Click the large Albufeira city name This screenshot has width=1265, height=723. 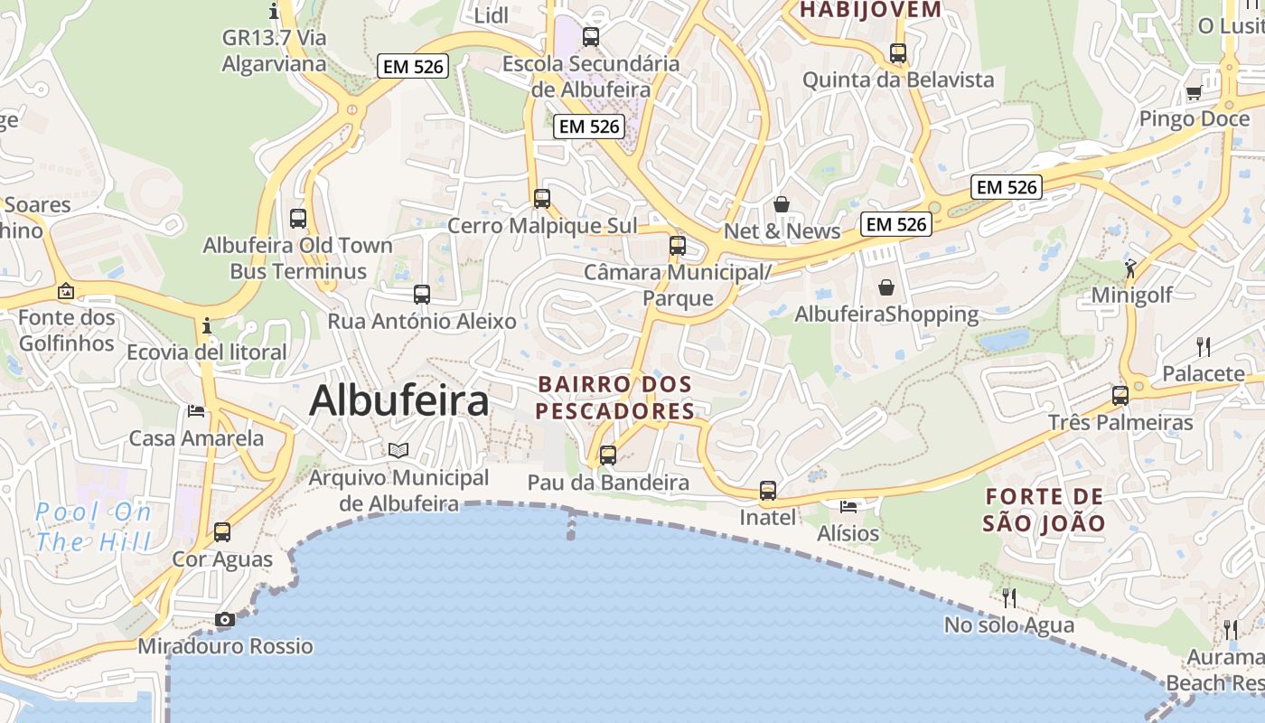click(399, 401)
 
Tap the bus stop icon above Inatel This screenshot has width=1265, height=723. click(768, 491)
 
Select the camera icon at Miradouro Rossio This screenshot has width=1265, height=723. click(225, 619)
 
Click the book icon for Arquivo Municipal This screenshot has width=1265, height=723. click(398, 450)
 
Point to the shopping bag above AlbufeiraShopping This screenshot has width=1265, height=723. click(886, 287)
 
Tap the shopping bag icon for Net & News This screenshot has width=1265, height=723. click(782, 204)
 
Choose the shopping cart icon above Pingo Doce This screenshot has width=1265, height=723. click(1194, 92)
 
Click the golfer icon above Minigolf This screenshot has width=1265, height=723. click(1130, 268)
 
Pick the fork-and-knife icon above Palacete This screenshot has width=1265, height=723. click(1203, 346)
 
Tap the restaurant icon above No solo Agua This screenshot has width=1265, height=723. click(1009, 597)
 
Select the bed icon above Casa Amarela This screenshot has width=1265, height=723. click(196, 411)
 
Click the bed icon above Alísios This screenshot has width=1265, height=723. click(848, 506)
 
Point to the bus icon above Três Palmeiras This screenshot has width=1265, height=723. click(1120, 395)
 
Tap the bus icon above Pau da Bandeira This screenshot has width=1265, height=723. click(608, 455)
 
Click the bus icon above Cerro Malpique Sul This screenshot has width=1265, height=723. click(542, 199)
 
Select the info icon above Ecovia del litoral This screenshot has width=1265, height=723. click(208, 324)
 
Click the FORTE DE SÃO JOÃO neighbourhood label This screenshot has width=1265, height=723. click(1045, 510)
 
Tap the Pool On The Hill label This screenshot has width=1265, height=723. click(94, 527)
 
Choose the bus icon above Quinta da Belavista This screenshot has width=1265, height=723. click(898, 52)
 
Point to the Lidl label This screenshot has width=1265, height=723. click(492, 14)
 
